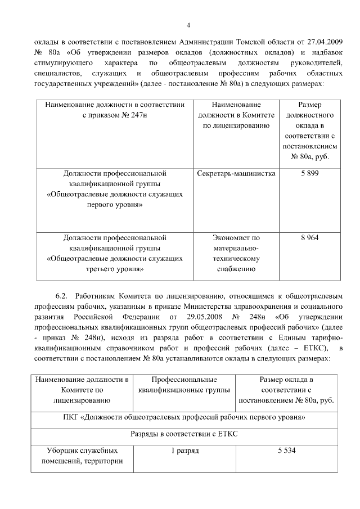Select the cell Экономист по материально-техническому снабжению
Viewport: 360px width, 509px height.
[x=237, y=253]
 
